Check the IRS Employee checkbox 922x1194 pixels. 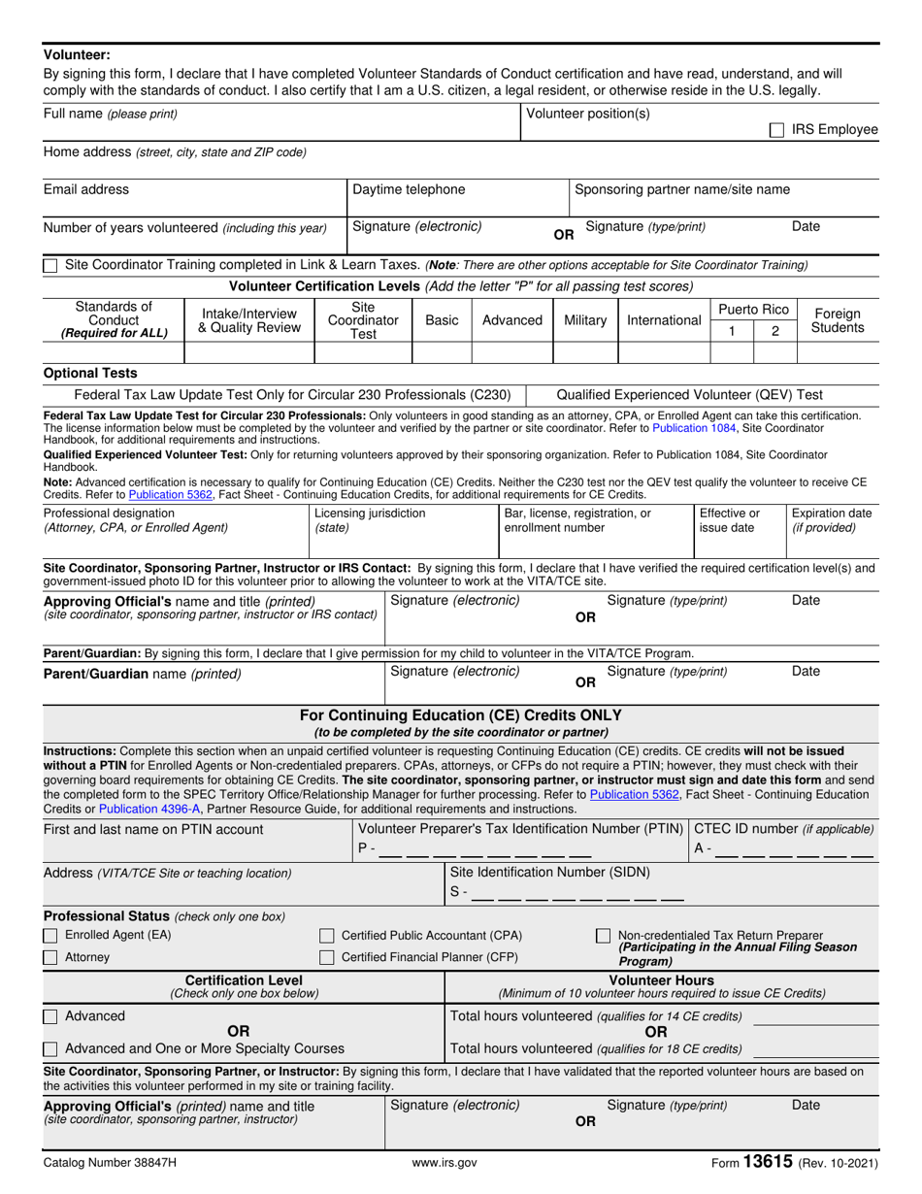pyautogui.click(x=776, y=129)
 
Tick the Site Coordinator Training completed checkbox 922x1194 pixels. pyautogui.click(x=50, y=265)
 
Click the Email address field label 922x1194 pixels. pyautogui.click(x=85, y=190)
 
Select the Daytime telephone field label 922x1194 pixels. pyautogui.click(x=408, y=190)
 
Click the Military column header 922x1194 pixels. pyautogui.click(x=585, y=319)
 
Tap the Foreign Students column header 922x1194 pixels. pyautogui.click(x=838, y=319)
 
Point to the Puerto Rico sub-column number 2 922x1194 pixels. pyautogui.click(x=774, y=330)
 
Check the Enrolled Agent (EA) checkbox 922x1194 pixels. pyautogui.click(x=50, y=935)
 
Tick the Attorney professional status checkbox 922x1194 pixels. pyautogui.click(x=50, y=957)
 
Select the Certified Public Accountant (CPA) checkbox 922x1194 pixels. pyautogui.click(x=327, y=935)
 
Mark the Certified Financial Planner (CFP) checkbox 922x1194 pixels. pyautogui.click(x=327, y=957)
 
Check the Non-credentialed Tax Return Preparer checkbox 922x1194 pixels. pyautogui.click(x=603, y=935)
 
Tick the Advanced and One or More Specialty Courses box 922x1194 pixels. pyautogui.click(x=50, y=1048)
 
